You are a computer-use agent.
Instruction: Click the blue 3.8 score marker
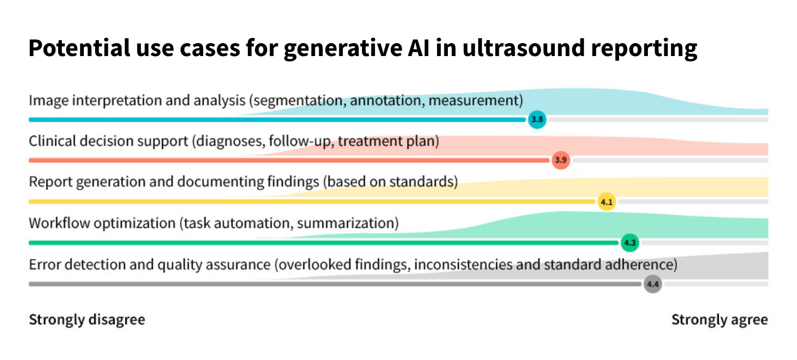tap(537, 120)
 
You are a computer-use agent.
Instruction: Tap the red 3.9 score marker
tap(560, 160)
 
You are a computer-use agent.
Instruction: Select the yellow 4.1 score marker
tap(607, 202)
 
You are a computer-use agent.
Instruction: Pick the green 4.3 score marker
tap(630, 243)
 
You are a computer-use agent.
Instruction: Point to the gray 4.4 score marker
tap(653, 284)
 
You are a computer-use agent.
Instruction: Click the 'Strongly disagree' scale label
tap(87, 320)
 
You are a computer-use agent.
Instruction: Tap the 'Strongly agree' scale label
tap(719, 320)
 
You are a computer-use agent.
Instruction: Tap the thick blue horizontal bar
tap(278, 120)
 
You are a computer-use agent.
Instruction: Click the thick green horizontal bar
tap(324, 243)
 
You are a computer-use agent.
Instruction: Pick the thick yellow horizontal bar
tap(309, 202)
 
